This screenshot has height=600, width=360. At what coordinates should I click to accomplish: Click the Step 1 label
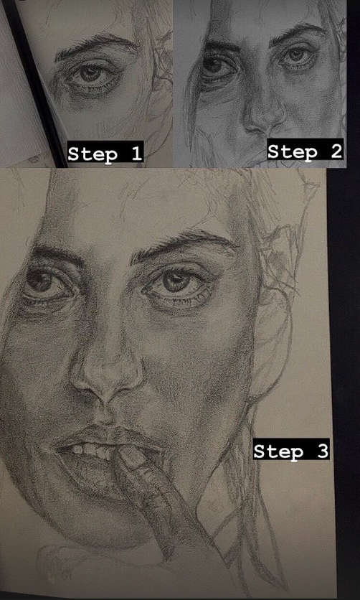105,153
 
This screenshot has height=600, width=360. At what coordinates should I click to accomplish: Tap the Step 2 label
305,151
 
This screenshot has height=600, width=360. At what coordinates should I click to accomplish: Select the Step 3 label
291,451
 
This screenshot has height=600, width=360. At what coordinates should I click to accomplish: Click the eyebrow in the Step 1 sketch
95,45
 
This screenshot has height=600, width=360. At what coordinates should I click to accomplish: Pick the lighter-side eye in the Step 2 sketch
298,56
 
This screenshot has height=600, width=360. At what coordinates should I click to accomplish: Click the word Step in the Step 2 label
293,151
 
